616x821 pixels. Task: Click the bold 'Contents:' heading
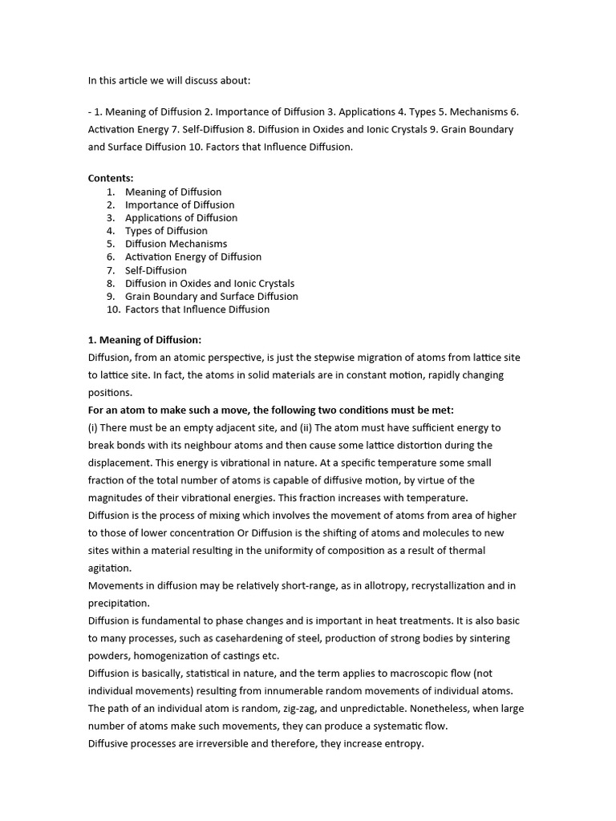111,178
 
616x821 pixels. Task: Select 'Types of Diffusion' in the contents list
166,231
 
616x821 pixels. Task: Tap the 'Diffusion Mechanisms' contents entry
176,244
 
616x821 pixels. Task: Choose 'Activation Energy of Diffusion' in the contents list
193,257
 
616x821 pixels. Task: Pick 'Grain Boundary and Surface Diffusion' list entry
211,296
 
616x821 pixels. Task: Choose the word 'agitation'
109,568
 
